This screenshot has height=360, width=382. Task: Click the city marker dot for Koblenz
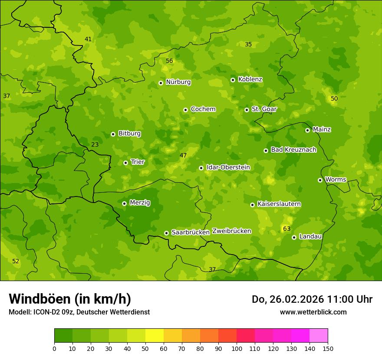(233, 80)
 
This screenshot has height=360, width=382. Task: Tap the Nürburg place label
(178, 82)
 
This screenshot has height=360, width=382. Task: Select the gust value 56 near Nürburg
(169, 61)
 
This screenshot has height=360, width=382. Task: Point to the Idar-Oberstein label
(228, 167)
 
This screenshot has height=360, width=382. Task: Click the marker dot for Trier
(125, 163)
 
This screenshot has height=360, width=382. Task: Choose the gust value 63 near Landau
(286, 229)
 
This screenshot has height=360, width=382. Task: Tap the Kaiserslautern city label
(279, 204)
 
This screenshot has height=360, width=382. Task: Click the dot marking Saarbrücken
(166, 233)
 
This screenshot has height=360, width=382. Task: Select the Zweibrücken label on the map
(231, 231)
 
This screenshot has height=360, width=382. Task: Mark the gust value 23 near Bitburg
(95, 145)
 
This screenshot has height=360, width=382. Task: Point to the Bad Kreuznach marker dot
(266, 151)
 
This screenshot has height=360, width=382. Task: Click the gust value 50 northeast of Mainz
(334, 99)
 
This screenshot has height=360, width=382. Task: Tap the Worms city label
(336, 180)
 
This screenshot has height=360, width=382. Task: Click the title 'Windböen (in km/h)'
(70, 299)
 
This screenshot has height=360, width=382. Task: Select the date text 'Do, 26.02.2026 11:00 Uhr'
(312, 299)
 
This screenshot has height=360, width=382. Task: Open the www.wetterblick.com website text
(313, 312)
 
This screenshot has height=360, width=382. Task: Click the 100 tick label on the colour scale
(237, 349)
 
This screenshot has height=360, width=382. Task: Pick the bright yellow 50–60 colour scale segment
(154, 336)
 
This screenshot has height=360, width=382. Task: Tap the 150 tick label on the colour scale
(328, 349)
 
